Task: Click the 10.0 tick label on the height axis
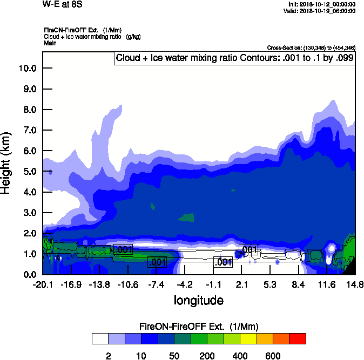pyautogui.click(x=26, y=68)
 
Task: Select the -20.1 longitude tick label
pyautogui.click(x=43, y=284)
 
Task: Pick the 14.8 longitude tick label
pyautogui.click(x=354, y=284)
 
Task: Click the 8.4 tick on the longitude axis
pyautogui.click(x=298, y=284)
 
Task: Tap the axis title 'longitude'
pyautogui.click(x=198, y=300)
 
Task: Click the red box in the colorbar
pyautogui.click(x=298, y=339)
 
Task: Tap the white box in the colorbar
pyautogui.click(x=100, y=339)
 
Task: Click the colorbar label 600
pyautogui.click(x=273, y=356)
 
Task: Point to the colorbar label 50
pyautogui.click(x=174, y=356)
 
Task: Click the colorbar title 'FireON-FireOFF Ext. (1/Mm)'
pyautogui.click(x=199, y=327)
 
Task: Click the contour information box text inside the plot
pyautogui.click(x=234, y=58)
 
